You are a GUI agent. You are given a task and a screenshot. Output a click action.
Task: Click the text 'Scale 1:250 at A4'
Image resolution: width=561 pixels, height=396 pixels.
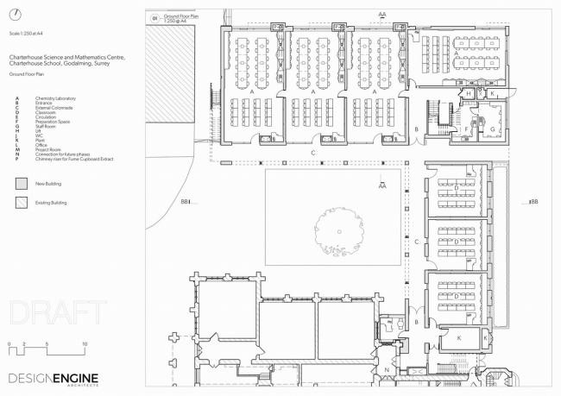click(x=25, y=33)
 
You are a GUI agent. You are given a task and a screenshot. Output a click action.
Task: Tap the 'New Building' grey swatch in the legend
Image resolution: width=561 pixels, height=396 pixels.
click(x=20, y=184)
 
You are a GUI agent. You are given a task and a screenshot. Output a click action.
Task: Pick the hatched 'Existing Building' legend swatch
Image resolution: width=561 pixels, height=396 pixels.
click(x=20, y=203)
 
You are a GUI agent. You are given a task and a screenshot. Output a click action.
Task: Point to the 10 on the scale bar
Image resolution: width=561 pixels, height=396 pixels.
click(x=85, y=344)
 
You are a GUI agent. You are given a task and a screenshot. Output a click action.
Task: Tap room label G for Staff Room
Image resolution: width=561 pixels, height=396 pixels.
click(x=494, y=130)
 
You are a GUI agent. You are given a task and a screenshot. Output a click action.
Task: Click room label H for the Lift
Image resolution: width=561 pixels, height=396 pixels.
click(x=469, y=93)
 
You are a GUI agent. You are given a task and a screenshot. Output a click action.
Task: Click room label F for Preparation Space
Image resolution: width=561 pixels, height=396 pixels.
click(x=467, y=129)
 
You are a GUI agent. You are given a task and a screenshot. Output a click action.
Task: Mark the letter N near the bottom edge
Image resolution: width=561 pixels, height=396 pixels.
click(x=388, y=370)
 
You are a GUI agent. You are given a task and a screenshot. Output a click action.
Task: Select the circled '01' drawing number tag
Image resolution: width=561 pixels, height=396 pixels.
click(x=156, y=17)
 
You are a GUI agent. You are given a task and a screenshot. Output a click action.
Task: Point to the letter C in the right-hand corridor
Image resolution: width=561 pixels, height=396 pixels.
click(x=417, y=242)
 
